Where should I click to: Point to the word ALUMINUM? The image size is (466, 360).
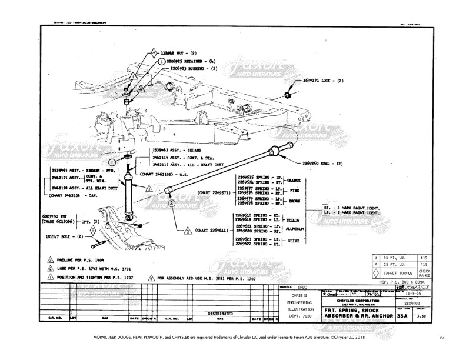click(x=296, y=229)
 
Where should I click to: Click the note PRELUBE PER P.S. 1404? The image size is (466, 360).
click(x=82, y=260)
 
